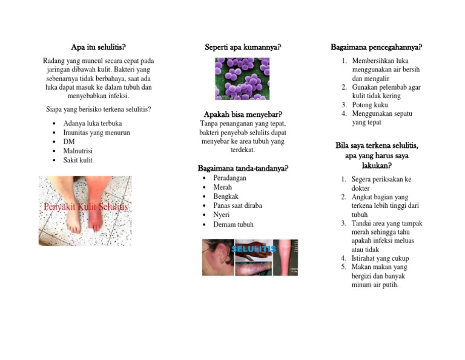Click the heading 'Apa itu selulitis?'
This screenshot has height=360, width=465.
point(98,47)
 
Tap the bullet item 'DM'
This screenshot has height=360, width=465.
point(69,142)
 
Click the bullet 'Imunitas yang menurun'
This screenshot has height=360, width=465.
point(96,133)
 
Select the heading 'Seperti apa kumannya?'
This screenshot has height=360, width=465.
point(243,47)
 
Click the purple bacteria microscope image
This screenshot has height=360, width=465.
point(242,79)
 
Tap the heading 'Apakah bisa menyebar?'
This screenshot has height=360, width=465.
point(243,114)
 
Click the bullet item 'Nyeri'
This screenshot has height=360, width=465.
point(222,215)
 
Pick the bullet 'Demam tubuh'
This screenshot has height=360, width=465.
point(233,224)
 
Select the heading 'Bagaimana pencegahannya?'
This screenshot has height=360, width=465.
point(376,47)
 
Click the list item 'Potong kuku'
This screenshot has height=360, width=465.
point(370,105)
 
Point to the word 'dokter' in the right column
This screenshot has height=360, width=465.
point(361,188)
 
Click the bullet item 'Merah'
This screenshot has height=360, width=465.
point(223,187)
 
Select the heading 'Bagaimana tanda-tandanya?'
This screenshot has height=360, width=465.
point(243,168)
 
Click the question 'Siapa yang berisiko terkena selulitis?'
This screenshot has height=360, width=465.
point(99,109)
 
